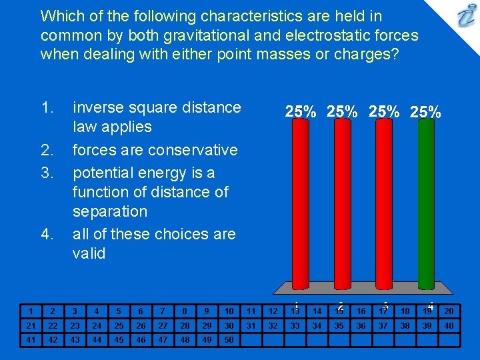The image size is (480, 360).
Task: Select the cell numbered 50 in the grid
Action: (x=229, y=340)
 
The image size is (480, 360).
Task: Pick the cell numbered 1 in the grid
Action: (x=31, y=311)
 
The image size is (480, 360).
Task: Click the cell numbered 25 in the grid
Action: (x=119, y=325)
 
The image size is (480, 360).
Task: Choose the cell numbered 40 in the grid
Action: (x=449, y=325)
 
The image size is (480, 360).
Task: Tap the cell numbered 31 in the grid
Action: (x=251, y=325)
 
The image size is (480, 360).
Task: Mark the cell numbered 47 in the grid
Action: (x=163, y=340)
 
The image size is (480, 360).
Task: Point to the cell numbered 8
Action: (x=185, y=311)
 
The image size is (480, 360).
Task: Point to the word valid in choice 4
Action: (x=89, y=253)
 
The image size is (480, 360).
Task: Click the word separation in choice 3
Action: (x=110, y=211)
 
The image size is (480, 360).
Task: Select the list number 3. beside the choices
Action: (x=47, y=173)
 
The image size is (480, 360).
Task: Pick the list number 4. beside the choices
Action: (x=47, y=234)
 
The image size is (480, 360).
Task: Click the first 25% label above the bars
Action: (x=301, y=112)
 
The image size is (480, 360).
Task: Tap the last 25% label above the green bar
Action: (x=425, y=112)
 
